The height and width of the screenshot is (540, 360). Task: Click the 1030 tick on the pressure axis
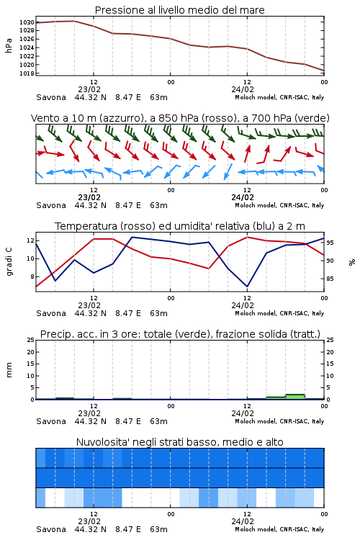[x=27, y=22]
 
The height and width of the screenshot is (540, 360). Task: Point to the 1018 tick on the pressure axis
[x=27, y=73]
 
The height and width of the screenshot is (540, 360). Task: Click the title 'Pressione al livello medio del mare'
[x=180, y=10]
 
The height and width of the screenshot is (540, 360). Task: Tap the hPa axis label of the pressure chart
[x=9, y=45]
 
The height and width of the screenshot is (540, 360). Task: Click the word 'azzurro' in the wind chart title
[x=121, y=119]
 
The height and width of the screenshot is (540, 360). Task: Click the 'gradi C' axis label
[x=9, y=261]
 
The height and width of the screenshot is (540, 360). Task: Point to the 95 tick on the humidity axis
[x=330, y=243]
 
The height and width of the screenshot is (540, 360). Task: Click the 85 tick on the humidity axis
[x=330, y=279]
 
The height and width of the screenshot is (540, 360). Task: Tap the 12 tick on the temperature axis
[x=30, y=240]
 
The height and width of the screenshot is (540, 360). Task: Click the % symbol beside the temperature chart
[x=352, y=262]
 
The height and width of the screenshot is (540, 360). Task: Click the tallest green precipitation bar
[x=295, y=397]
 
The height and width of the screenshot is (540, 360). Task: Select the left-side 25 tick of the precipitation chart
[x=30, y=340]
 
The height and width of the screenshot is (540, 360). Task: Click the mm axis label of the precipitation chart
[x=9, y=370]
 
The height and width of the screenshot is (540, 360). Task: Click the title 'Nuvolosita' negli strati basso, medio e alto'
[x=180, y=442]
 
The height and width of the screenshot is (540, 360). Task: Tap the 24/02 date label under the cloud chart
[x=243, y=521]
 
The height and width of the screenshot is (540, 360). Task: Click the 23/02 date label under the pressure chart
[x=89, y=89]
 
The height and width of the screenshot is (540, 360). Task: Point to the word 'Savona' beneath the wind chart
[x=51, y=206]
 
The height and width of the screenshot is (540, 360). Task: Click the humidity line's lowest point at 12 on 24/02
[x=247, y=286]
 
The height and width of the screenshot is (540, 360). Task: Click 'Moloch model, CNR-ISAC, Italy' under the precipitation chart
[x=279, y=421]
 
